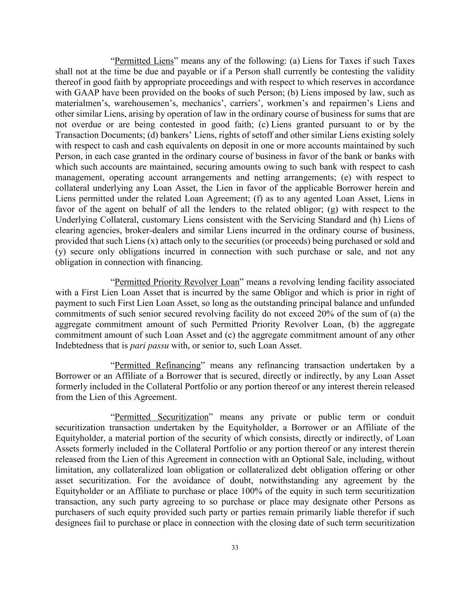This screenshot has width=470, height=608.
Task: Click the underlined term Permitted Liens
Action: click(x=144, y=61)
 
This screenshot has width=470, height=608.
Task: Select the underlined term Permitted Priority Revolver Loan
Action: click(x=177, y=282)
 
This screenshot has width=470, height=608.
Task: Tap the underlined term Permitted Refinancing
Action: click(x=158, y=366)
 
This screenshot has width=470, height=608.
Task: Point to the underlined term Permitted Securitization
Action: click(x=161, y=417)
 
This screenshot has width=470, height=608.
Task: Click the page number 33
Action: click(x=235, y=547)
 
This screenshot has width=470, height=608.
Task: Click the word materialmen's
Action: click(x=77, y=104)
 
